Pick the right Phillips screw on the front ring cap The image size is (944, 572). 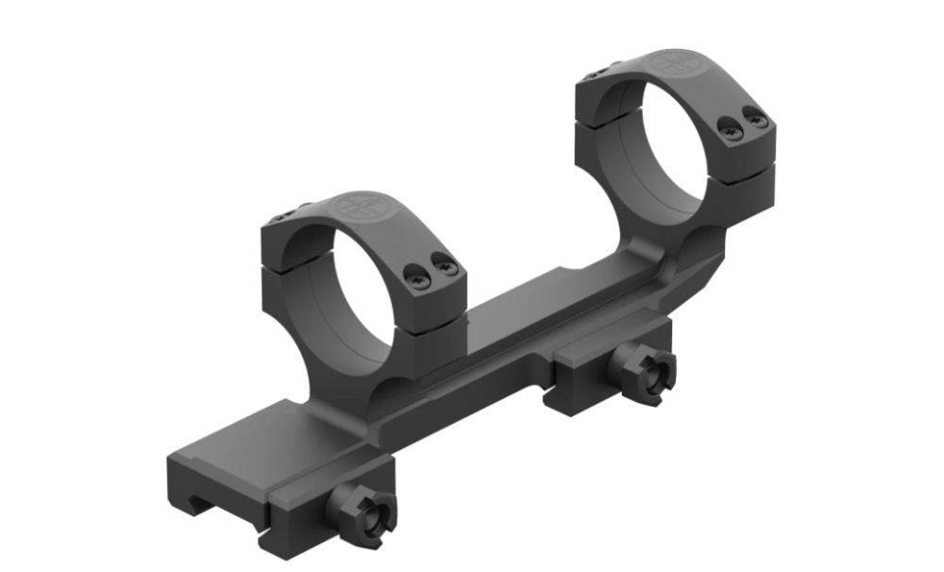[x=447, y=271]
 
